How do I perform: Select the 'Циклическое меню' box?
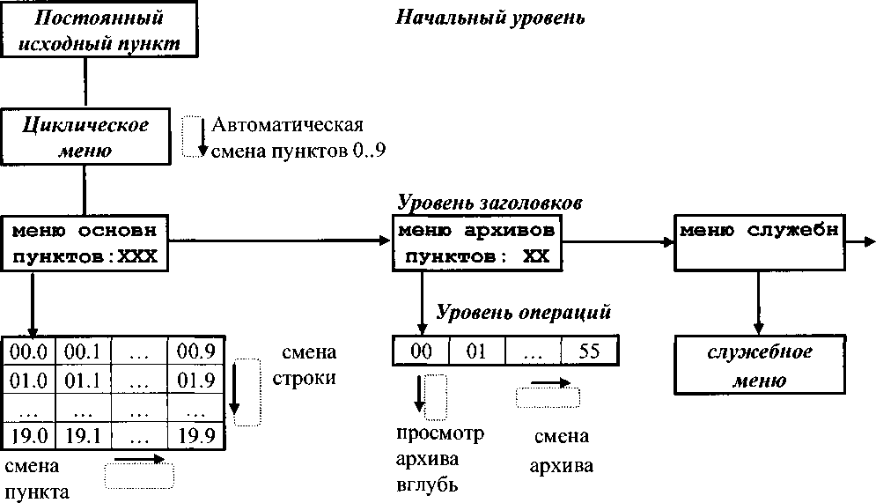tap(85, 137)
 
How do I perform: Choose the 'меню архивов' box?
tap(476, 243)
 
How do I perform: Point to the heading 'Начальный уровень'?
tap(490, 18)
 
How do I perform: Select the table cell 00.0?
tap(28, 351)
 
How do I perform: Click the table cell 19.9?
tap(196, 434)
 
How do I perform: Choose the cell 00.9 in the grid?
tap(196, 351)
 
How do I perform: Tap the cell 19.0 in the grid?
tap(28, 434)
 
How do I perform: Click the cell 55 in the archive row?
tap(590, 351)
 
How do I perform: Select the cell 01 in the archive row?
tap(475, 351)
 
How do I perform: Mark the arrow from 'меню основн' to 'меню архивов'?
tap(282, 239)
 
